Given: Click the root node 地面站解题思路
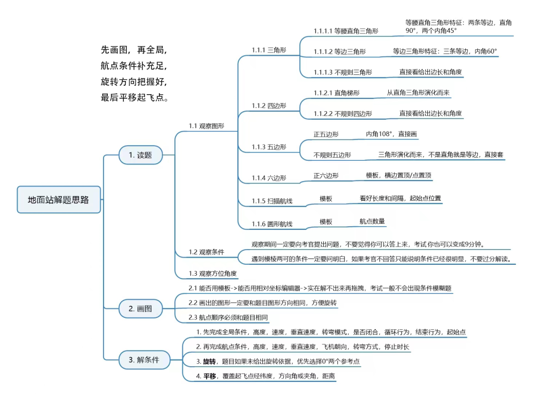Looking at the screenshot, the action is pyautogui.click(x=59, y=200).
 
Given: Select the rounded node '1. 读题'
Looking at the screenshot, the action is pyautogui.click(x=141, y=155).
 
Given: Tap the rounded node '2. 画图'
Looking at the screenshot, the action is pyautogui.click(x=141, y=308).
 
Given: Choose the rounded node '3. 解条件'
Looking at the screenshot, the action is pyautogui.click(x=144, y=359).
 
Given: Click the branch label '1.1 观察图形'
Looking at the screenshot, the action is pyautogui.click(x=206, y=126).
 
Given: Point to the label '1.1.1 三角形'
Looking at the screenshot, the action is pyautogui.click(x=269, y=50).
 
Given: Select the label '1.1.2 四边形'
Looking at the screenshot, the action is pyautogui.click(x=269, y=106).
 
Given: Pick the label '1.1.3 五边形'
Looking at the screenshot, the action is pyautogui.click(x=269, y=147).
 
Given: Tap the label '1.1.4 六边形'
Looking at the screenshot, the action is pyautogui.click(x=269, y=178).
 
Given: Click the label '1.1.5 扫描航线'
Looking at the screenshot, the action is pyautogui.click(x=272, y=201).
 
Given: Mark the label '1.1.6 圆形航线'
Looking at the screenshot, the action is pyautogui.click(x=272, y=224).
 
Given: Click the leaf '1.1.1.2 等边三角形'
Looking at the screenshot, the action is pyautogui.click(x=339, y=52).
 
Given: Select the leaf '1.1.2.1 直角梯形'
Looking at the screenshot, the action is pyautogui.click(x=337, y=93).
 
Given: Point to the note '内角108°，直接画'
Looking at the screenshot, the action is pyautogui.click(x=391, y=134).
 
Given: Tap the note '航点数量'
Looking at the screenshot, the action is pyautogui.click(x=372, y=221).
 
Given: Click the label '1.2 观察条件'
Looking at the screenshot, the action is pyautogui.click(x=206, y=252).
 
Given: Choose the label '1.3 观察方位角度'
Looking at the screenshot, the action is pyautogui.click(x=213, y=273).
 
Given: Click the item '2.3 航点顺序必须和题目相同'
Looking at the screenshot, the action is pyautogui.click(x=228, y=317).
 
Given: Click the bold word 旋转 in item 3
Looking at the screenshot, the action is pyautogui.click(x=209, y=361).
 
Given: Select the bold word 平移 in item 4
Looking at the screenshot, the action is pyautogui.click(x=210, y=376).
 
